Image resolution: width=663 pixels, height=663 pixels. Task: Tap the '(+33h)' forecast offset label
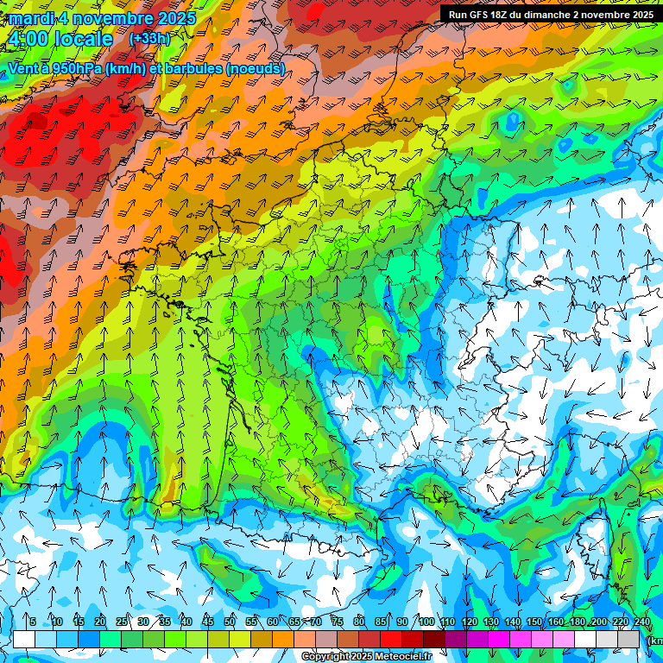click(x=149, y=39)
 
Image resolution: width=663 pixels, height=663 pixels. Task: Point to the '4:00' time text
click(x=27, y=39)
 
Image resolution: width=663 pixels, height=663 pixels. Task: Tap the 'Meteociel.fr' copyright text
click(x=398, y=656)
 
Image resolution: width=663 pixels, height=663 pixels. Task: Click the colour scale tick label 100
click(x=426, y=622)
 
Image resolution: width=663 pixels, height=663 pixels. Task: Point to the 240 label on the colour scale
click(x=642, y=622)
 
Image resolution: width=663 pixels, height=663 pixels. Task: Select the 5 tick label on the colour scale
click(x=33, y=622)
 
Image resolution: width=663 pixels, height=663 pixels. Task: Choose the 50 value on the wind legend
click(x=230, y=622)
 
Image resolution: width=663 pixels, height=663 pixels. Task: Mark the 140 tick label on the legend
click(x=513, y=622)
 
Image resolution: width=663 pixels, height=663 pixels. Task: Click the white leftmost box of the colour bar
click(x=24, y=639)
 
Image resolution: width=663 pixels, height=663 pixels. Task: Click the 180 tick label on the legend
click(x=578, y=622)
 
